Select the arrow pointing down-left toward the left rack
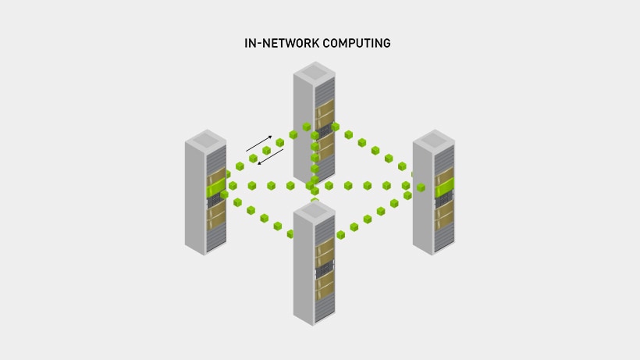coord(271,158)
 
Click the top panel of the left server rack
coord(205,141)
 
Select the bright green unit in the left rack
coord(215,187)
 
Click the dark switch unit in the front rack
coord(324,271)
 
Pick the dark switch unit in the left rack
coord(215,201)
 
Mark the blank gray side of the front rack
coord(304,273)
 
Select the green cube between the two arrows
coord(266,151)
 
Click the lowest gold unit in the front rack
coord(325,295)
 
